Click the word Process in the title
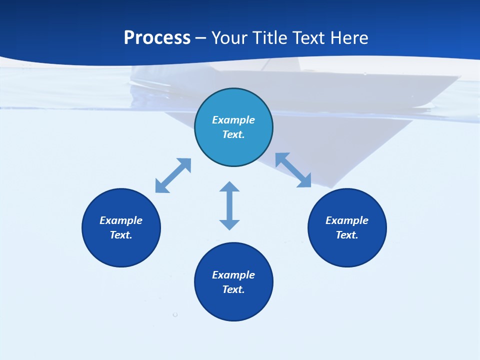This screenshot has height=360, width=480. pos(157,38)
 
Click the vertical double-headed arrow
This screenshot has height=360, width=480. pos(229,205)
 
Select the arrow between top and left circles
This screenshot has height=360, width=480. pos(173,175)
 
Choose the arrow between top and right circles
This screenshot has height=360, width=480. pos(293,170)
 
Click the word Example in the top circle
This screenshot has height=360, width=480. pos(233,120)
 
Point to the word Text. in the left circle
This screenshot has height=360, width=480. pos(121,235)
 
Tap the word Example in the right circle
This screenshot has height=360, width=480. pos(347,220)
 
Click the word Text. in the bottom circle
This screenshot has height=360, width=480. pos(233,289)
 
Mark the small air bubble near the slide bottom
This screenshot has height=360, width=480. pos(175,314)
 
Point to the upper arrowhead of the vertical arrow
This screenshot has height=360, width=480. pos(229,186)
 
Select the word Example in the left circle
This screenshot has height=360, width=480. pos(121,220)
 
